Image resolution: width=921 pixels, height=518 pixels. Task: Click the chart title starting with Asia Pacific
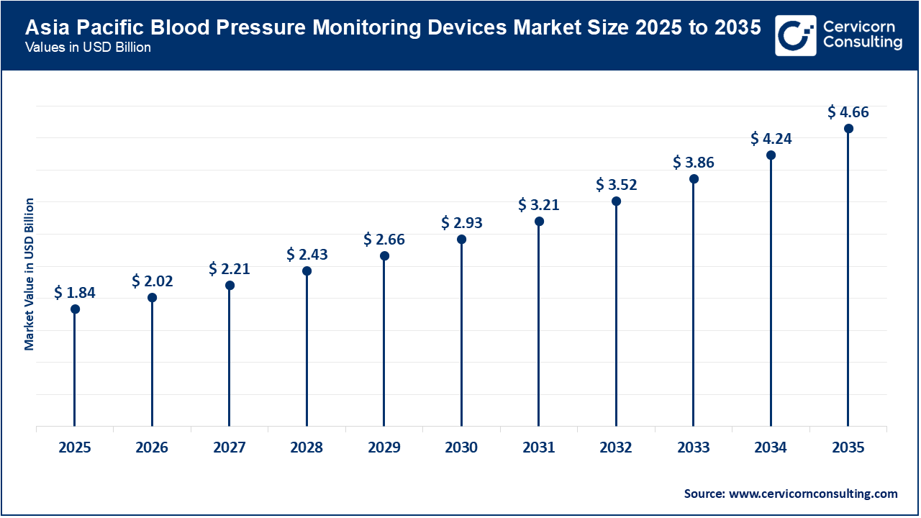click(x=393, y=28)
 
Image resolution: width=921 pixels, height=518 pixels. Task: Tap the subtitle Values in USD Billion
click(x=87, y=48)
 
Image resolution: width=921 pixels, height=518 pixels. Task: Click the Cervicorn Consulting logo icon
click(x=796, y=35)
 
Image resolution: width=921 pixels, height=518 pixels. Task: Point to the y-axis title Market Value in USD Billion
click(x=30, y=274)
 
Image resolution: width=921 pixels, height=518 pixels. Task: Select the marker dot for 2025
click(x=75, y=309)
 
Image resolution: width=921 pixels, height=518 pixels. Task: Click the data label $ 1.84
click(x=75, y=293)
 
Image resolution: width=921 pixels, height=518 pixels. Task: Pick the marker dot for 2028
click(x=307, y=271)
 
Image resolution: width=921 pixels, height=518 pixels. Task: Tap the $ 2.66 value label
click(x=384, y=240)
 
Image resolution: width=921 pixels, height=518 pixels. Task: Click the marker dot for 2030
click(x=461, y=239)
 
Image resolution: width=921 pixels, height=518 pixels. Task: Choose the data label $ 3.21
click(x=539, y=205)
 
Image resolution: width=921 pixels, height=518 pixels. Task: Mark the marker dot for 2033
click(x=694, y=178)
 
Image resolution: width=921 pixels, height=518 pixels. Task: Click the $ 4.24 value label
click(x=771, y=139)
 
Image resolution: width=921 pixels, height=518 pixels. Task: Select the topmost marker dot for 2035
click(x=848, y=129)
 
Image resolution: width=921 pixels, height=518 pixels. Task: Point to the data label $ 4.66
click(x=848, y=112)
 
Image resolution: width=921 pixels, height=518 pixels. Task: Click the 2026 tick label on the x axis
click(x=152, y=447)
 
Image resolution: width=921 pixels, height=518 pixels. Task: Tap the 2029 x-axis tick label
click(x=384, y=447)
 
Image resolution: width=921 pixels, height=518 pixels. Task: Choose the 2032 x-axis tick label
click(x=616, y=447)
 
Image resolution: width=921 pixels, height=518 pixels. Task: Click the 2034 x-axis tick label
click(x=771, y=447)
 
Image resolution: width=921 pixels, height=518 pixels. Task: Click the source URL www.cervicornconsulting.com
click(x=813, y=494)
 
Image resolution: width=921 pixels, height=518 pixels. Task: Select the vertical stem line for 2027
click(x=230, y=360)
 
